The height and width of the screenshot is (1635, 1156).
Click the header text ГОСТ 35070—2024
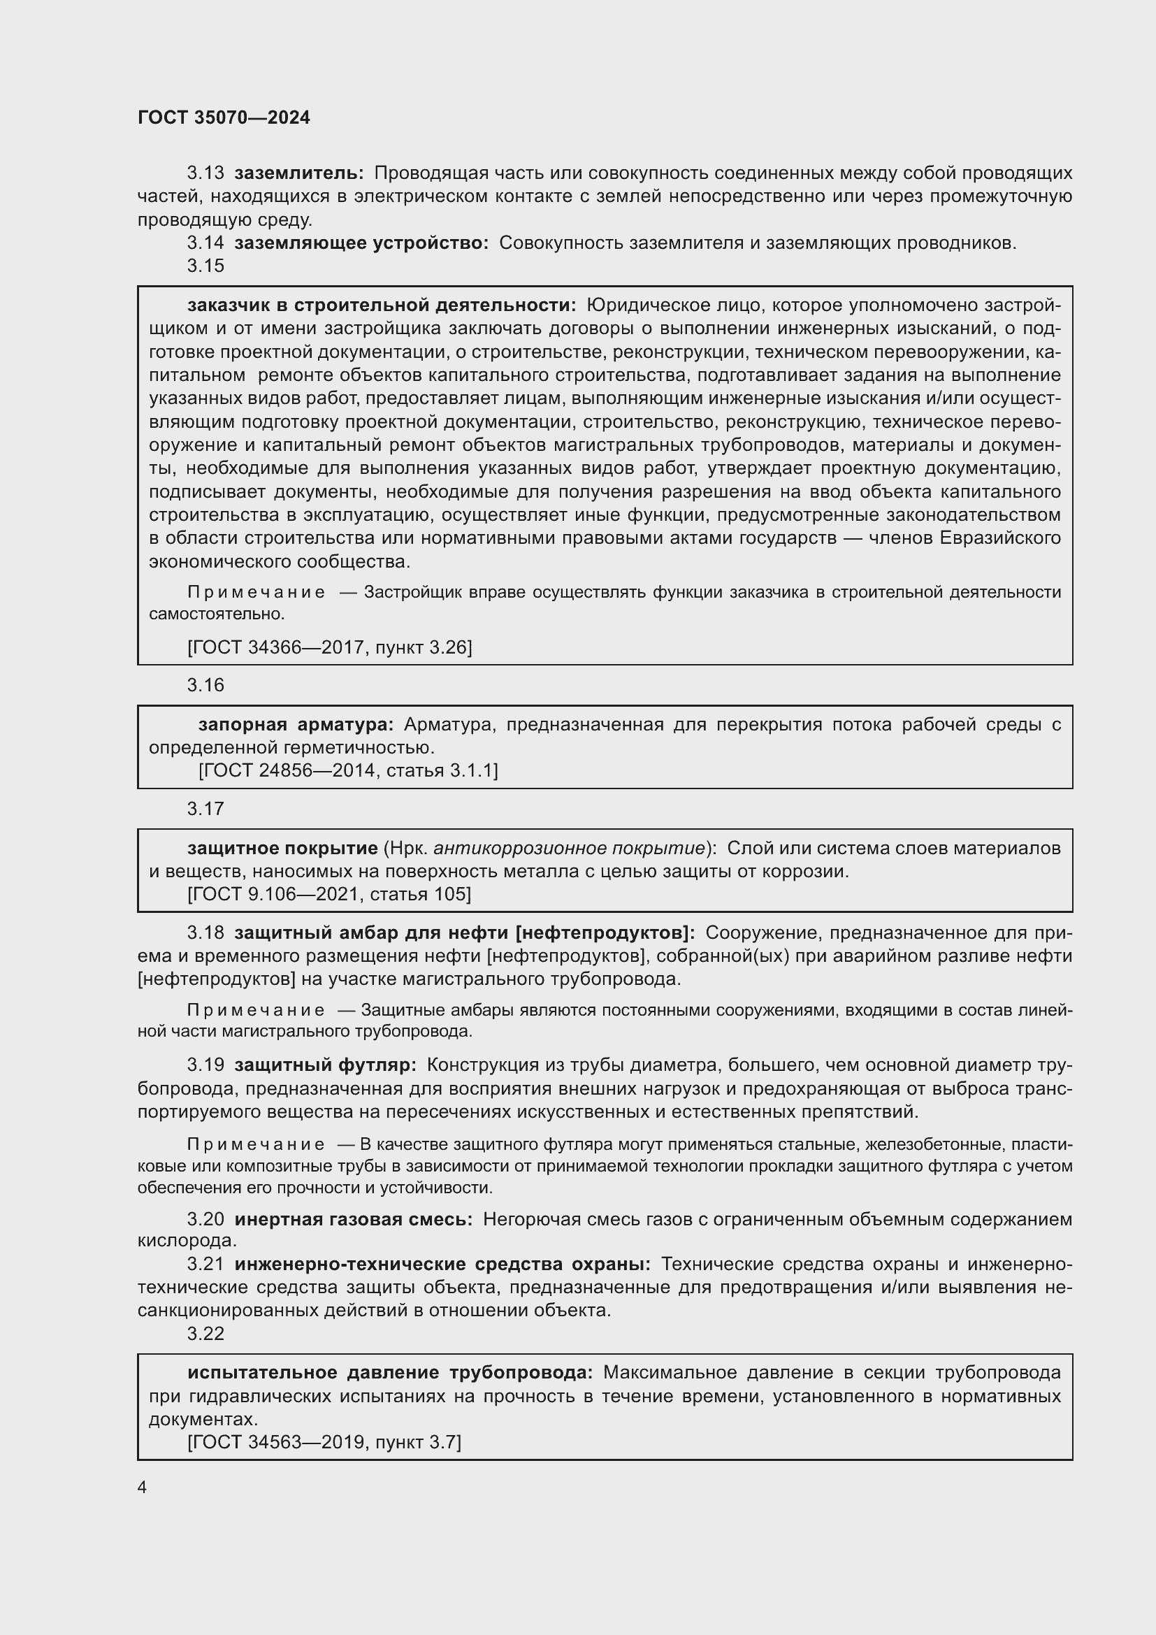click(224, 118)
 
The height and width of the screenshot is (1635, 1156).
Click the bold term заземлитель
click(298, 173)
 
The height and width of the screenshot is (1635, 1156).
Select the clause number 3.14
click(205, 243)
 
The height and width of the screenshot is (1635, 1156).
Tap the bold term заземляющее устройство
click(361, 243)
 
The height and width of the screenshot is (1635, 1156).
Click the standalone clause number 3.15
click(205, 266)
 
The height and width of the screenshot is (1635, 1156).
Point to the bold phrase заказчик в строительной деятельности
click(382, 305)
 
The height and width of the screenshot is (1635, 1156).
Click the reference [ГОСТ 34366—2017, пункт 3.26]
click(329, 647)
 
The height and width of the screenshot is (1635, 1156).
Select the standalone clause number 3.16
click(205, 685)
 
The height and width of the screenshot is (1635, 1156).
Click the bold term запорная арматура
click(296, 725)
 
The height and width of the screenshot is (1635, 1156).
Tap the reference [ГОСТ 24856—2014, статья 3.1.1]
click(348, 770)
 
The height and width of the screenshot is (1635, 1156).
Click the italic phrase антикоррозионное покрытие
click(569, 848)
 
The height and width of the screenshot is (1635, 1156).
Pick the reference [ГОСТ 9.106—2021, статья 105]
click(329, 895)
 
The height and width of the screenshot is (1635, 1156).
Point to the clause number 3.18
click(205, 933)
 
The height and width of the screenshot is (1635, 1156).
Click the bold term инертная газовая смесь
click(353, 1220)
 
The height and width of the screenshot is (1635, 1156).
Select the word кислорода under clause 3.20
click(187, 1241)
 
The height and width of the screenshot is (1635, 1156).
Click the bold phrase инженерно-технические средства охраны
click(442, 1264)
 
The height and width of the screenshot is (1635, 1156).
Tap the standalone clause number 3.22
click(205, 1334)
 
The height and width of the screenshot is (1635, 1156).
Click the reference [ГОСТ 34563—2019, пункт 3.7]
click(324, 1442)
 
